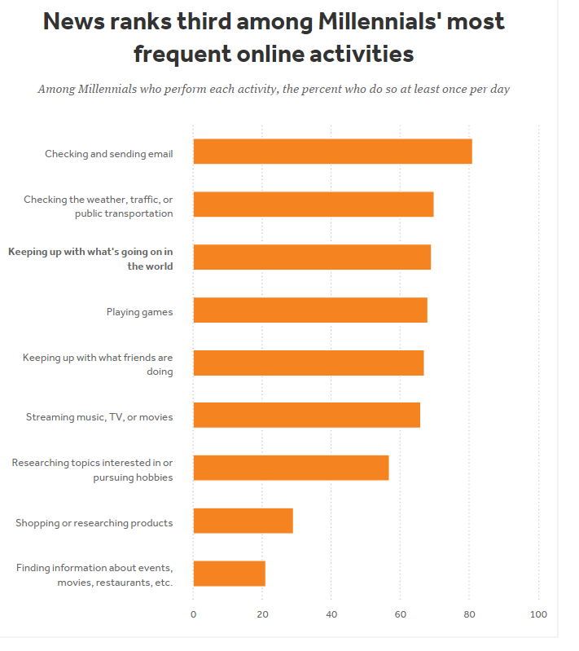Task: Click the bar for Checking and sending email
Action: (332, 152)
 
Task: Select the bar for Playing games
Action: (310, 310)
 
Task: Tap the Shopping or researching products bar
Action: (243, 521)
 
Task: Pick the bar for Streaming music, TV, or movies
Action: (306, 415)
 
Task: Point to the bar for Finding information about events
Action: (229, 574)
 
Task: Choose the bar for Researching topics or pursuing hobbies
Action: (291, 468)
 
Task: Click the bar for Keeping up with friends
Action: (308, 363)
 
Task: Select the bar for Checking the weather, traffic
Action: (313, 205)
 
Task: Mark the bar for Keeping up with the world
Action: (312, 257)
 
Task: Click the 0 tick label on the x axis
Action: (193, 614)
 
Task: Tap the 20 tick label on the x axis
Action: (262, 614)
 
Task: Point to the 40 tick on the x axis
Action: (331, 614)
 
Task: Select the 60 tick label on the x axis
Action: (401, 614)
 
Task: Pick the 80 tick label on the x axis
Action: (469, 614)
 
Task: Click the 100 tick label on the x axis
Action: (538, 614)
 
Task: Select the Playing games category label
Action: (139, 311)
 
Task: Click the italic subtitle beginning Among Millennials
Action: (274, 89)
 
